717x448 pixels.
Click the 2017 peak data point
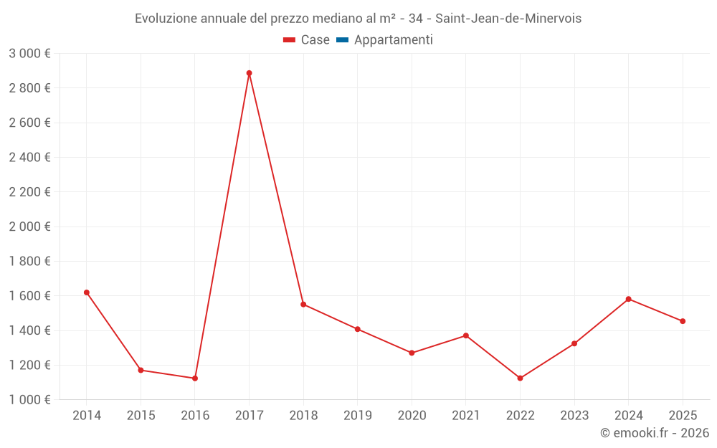tap(249, 73)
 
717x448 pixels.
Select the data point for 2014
tap(87, 292)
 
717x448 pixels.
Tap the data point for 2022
tap(520, 378)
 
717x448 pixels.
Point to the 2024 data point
tap(628, 299)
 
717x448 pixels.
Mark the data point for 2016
tap(195, 378)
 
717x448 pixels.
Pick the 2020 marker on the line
tap(412, 353)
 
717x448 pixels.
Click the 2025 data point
tap(683, 321)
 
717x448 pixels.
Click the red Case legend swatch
tap(290, 40)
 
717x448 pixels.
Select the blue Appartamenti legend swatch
tap(342, 40)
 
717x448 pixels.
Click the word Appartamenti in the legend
tap(393, 40)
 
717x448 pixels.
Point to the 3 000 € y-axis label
tap(29, 54)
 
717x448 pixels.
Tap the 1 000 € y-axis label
tap(29, 400)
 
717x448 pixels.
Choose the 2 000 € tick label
tap(29, 227)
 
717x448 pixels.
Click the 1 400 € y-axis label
tap(29, 330)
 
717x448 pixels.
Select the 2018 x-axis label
tap(303, 416)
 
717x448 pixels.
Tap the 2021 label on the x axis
tap(466, 416)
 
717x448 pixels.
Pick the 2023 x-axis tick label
tap(574, 416)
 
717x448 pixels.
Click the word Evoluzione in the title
tap(164, 18)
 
